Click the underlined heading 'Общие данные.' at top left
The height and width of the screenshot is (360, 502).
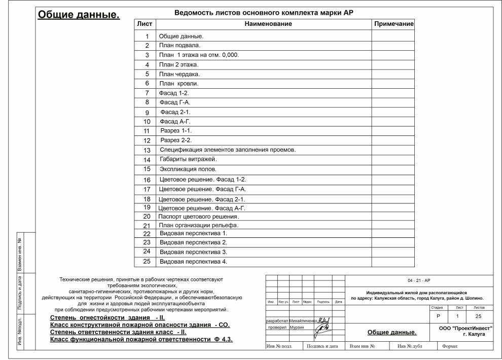pyautogui.click(x=79, y=15)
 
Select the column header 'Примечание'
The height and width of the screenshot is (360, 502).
pyautogui.click(x=394, y=24)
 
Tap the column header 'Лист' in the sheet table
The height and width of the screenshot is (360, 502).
pyautogui.click(x=145, y=24)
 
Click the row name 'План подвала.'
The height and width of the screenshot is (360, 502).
pyautogui.click(x=176, y=46)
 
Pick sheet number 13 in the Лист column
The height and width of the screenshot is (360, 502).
pyautogui.click(x=147, y=151)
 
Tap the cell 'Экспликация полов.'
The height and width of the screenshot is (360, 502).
pyautogui.click(x=188, y=169)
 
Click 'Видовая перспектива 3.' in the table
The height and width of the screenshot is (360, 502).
pyautogui.click(x=193, y=252)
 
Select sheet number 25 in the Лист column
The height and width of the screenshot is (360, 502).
pyautogui.click(x=147, y=262)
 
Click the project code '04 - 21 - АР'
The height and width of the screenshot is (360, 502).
pyautogui.click(x=419, y=280)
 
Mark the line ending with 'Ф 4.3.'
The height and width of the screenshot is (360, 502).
pyautogui.click(x=141, y=339)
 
